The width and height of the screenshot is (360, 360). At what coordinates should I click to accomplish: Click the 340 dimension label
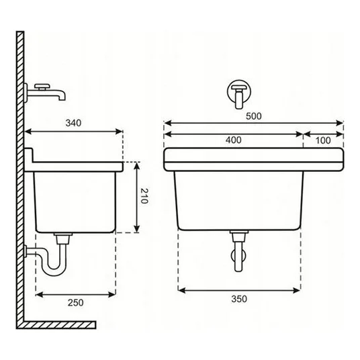73,123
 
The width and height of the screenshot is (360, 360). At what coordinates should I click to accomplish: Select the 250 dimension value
75,303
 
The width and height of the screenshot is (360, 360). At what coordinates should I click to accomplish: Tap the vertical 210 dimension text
144,196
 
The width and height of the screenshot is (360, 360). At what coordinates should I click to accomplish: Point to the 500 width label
254,116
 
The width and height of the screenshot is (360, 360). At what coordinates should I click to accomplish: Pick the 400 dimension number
233,140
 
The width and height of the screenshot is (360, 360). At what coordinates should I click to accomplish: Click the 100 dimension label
323,140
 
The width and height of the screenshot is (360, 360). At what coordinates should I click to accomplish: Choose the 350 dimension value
239,299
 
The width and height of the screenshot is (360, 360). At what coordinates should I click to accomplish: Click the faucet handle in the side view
42,87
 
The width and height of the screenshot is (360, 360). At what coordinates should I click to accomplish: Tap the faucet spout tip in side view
62,98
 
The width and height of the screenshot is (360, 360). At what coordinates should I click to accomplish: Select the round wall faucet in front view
239,92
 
